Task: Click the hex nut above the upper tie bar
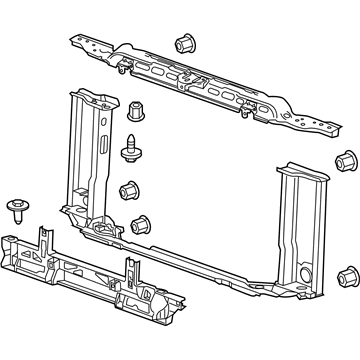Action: [184, 44]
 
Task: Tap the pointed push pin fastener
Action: [129, 147]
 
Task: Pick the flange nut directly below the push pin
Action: [127, 189]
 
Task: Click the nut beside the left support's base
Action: [141, 223]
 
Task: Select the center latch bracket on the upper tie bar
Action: [196, 81]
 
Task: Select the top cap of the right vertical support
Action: [301, 170]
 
